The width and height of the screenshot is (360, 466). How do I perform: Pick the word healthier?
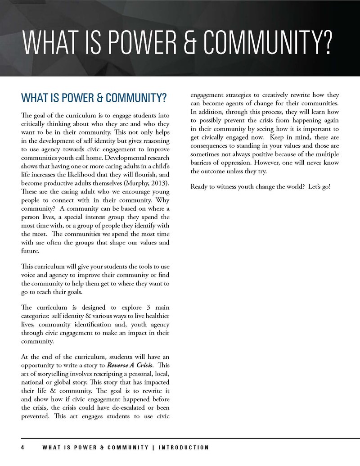pos(154,315)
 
